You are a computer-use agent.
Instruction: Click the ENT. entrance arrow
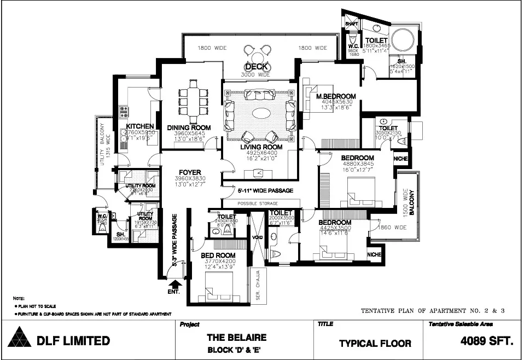pos(175,283)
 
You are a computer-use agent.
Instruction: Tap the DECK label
pos(256,67)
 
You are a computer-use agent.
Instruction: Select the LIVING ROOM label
pos(261,147)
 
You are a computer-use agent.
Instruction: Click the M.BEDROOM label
pos(336,97)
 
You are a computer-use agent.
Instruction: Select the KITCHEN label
pos(140,127)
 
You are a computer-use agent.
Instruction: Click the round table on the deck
pos(258,55)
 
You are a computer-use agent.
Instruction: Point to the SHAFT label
pos(351,24)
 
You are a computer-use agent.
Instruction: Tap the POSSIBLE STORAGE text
pos(257,204)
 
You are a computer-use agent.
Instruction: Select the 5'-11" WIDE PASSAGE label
pos(266,191)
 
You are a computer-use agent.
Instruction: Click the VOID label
pos(257,237)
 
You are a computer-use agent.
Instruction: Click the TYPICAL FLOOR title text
pos(375,344)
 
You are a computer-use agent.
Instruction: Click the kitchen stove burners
pos(124,112)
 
